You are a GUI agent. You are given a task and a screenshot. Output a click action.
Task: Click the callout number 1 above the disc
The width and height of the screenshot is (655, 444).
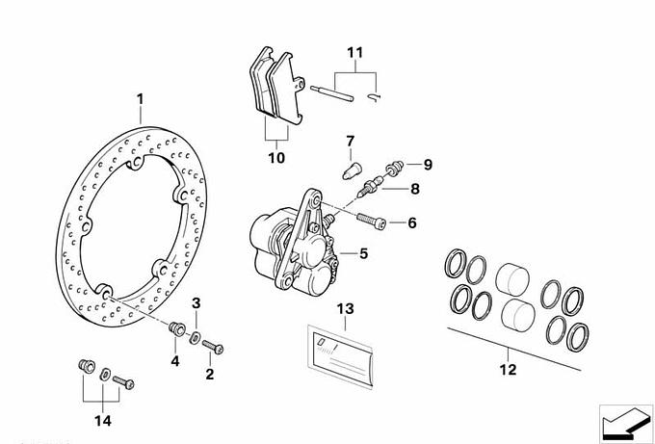pyautogui.click(x=140, y=99)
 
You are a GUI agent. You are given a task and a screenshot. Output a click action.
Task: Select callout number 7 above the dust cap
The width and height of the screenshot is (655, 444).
pyautogui.click(x=352, y=143)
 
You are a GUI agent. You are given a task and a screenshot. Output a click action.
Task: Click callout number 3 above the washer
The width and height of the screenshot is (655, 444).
pyautogui.click(x=196, y=304)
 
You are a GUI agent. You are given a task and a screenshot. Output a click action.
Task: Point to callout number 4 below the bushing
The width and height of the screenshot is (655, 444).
pyautogui.click(x=175, y=361)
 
